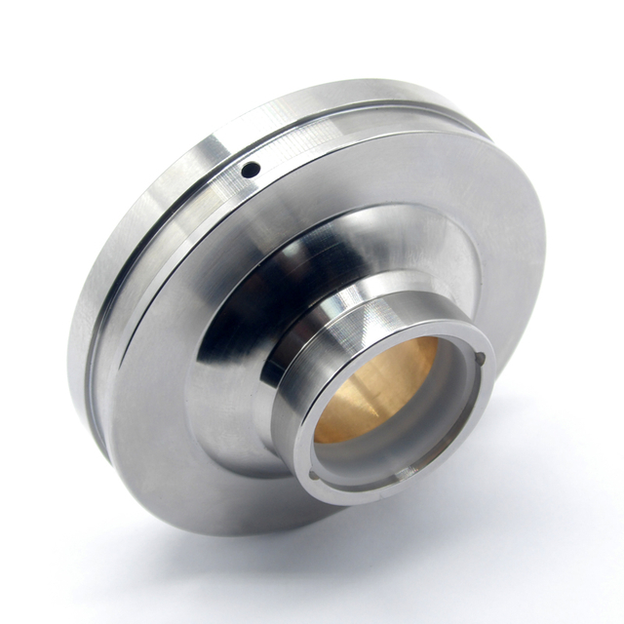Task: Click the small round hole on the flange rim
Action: coord(250,170)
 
